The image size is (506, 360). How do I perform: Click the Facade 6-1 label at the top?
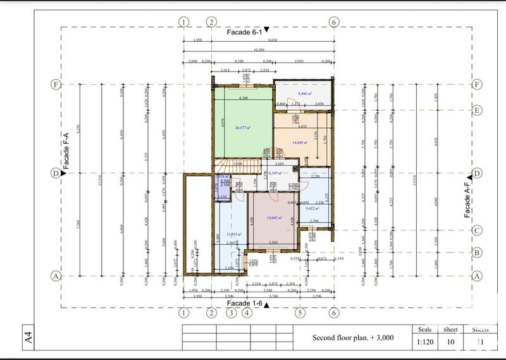pyautogui.click(x=247, y=30)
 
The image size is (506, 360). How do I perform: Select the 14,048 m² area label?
pyautogui.click(x=300, y=143)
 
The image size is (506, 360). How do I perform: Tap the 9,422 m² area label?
pyautogui.click(x=312, y=207)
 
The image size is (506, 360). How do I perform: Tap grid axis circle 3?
pyautogui.click(x=231, y=313)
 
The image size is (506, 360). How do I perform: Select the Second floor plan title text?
pyautogui.click(x=353, y=338)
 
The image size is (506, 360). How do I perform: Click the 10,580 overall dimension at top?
pyautogui.click(x=258, y=49)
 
